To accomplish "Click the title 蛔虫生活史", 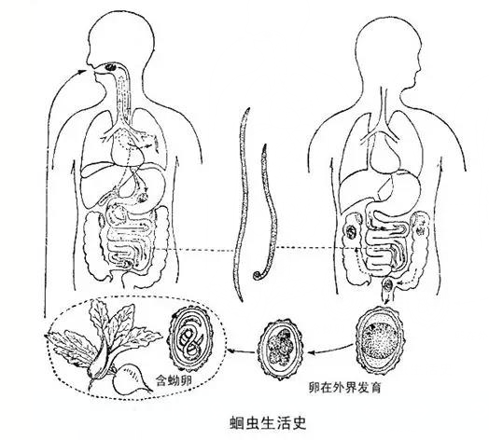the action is pyautogui.click(x=268, y=423).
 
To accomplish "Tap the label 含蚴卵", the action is pyautogui.click(x=174, y=380).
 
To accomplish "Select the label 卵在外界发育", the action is pyautogui.click(x=344, y=388).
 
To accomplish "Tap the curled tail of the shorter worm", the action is pyautogui.click(x=258, y=276).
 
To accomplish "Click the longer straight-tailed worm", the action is pyautogui.click(x=243, y=204).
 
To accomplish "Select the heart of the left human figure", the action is pyautogui.click(x=127, y=149).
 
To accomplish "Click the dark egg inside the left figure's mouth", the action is pyautogui.click(x=110, y=67).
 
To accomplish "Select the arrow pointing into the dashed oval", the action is pyautogui.click(x=241, y=351).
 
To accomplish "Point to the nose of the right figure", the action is pyautogui.click(x=420, y=68).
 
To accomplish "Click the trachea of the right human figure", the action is pyautogui.click(x=384, y=107).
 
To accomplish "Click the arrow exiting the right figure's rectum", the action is pyautogui.click(x=386, y=299).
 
